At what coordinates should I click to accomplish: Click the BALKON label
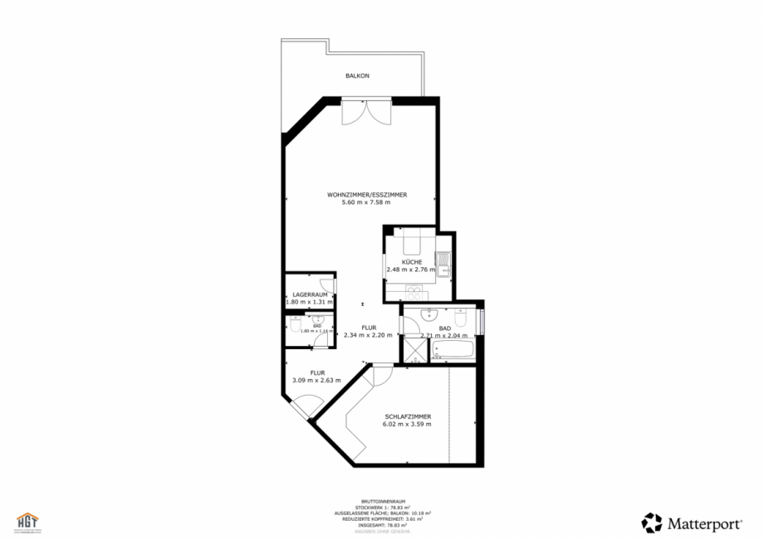[357, 75]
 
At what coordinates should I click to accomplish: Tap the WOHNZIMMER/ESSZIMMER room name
[366, 194]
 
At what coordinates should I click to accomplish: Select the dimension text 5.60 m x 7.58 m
[366, 202]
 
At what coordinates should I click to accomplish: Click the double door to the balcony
[365, 111]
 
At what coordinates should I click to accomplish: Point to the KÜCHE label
[412, 262]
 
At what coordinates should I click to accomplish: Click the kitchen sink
[443, 263]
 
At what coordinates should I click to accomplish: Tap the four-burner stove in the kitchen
[413, 289]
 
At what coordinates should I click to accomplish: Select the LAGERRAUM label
[308, 294]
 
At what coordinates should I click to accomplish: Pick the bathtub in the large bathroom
[453, 349]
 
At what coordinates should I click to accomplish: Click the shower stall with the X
[413, 349]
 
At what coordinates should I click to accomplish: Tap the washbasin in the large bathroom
[429, 314]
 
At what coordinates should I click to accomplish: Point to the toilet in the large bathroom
[460, 316]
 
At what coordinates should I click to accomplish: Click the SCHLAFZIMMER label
[408, 416]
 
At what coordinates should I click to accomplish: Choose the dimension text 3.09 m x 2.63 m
[316, 380]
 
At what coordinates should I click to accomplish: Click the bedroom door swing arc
[383, 376]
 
